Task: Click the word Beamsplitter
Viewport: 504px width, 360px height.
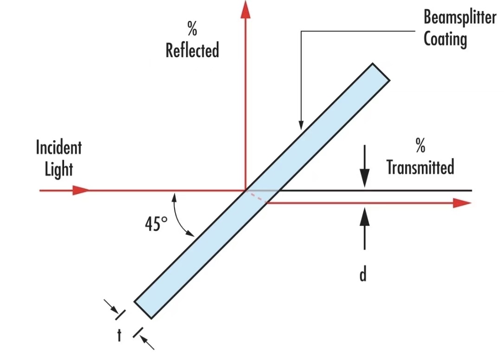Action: (x=460, y=17)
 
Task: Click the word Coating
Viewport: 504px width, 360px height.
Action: (x=445, y=39)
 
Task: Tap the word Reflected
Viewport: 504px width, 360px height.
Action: (x=192, y=50)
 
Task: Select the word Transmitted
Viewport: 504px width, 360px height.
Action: (x=420, y=167)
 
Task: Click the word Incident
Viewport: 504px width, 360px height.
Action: (x=59, y=148)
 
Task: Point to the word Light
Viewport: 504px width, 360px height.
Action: (x=59, y=169)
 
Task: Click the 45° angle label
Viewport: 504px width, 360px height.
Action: (x=156, y=224)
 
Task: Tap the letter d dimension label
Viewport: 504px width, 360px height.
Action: (x=363, y=275)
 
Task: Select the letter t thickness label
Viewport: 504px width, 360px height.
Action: (x=119, y=335)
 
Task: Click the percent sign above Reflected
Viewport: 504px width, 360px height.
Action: (x=192, y=28)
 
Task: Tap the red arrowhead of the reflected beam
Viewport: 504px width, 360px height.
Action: (x=246, y=9)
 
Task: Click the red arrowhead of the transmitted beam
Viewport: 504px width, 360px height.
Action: (x=462, y=203)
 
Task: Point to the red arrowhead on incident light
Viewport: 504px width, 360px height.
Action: (x=80, y=190)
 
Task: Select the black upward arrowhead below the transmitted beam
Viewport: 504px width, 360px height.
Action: (x=364, y=217)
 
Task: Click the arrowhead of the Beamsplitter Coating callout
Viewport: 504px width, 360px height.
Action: (x=301, y=125)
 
